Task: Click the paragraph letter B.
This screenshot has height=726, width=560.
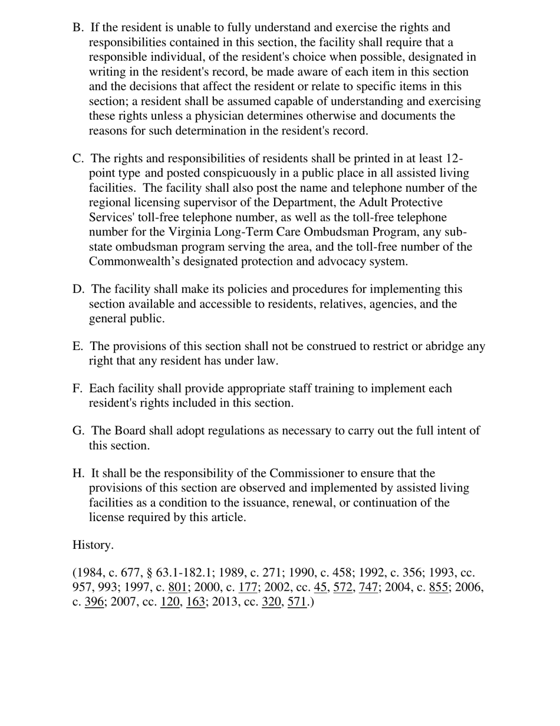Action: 77,28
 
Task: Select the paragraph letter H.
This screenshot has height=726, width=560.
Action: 77,473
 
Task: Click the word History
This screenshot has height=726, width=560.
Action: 93,545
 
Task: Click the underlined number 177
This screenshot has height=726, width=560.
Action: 248,587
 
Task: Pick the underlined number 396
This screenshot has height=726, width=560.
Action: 94,602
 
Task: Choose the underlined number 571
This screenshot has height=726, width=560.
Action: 297,602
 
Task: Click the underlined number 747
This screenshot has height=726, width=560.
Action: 368,587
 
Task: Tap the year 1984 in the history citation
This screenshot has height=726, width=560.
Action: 90,573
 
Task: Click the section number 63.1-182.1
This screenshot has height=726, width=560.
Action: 180,573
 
